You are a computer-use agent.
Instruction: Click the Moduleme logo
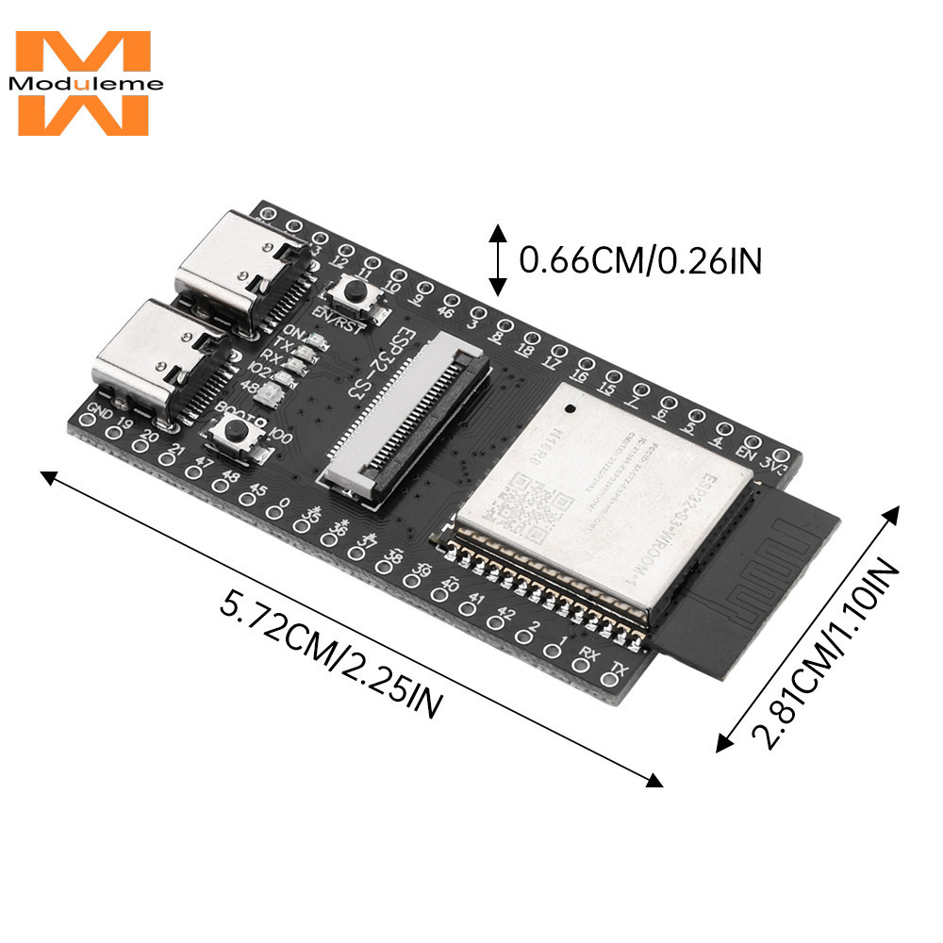[83, 83]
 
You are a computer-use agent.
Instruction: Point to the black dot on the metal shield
[570, 409]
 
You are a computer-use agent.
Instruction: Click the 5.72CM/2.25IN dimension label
[330, 651]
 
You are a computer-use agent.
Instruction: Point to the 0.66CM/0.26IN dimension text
[640, 258]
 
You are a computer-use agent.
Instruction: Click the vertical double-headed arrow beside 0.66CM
[497, 258]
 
